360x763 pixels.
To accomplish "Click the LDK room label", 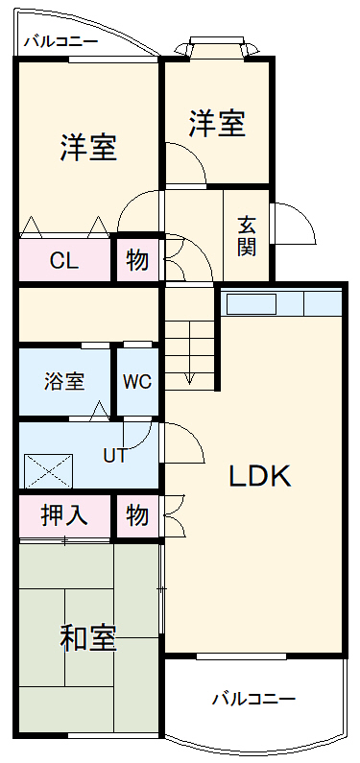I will point(259,476).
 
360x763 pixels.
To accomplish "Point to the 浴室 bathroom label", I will point(64,381).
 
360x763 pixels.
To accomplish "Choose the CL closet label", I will point(64,260).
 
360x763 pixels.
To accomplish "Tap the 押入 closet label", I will point(64,515).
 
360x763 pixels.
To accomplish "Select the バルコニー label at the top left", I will point(60,41).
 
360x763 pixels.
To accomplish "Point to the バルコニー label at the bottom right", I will point(253,698).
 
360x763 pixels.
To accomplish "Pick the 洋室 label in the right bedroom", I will point(216,123).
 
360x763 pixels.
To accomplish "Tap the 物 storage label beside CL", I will point(137,260).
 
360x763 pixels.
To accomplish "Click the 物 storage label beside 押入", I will point(137,515).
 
